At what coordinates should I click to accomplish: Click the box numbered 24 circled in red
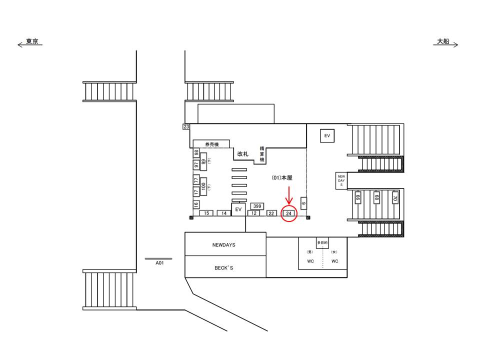(x=288, y=213)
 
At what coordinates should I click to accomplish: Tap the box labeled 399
(x=257, y=206)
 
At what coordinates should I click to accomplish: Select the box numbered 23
(x=186, y=126)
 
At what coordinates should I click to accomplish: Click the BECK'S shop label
(x=224, y=268)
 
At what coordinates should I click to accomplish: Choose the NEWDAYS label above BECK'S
(x=224, y=245)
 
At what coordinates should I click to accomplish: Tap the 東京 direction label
(x=32, y=42)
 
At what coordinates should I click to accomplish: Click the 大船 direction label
(x=443, y=42)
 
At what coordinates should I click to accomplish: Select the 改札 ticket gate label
(x=243, y=154)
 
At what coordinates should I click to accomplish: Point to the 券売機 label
(x=211, y=144)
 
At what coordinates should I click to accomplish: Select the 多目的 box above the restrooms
(x=322, y=242)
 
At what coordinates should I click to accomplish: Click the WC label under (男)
(x=310, y=261)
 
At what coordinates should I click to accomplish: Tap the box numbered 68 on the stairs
(x=376, y=198)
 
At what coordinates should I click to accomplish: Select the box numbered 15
(x=206, y=213)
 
